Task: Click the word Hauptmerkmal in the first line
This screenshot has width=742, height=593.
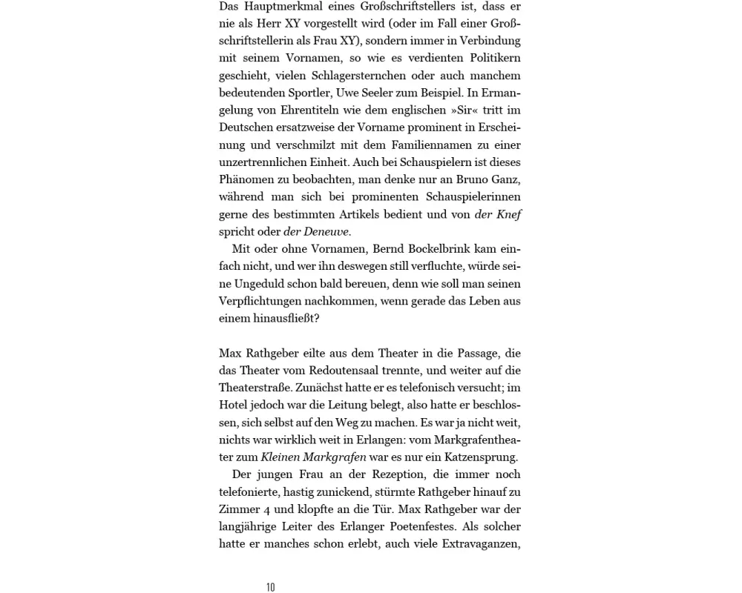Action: point(279,6)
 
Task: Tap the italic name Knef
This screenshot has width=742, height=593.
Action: point(509,214)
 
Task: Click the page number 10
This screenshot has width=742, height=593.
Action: point(271,587)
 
